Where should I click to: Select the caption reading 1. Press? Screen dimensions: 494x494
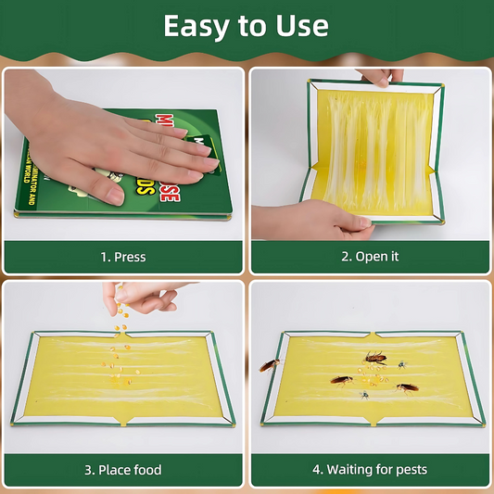coord(123,257)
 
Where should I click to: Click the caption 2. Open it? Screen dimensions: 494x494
coord(371,257)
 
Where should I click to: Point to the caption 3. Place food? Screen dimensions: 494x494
coord(123,470)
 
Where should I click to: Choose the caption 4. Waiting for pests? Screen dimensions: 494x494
coord(371,470)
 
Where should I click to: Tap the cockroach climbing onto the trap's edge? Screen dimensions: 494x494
coord(270,365)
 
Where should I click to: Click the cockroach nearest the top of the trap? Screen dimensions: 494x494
coord(375,357)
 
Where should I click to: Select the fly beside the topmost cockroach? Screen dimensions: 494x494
coord(401,364)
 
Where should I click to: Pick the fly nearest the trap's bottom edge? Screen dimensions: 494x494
coord(364,395)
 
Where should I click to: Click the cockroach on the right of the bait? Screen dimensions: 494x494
coord(406,387)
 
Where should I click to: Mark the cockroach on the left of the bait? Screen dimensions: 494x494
coord(341,379)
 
